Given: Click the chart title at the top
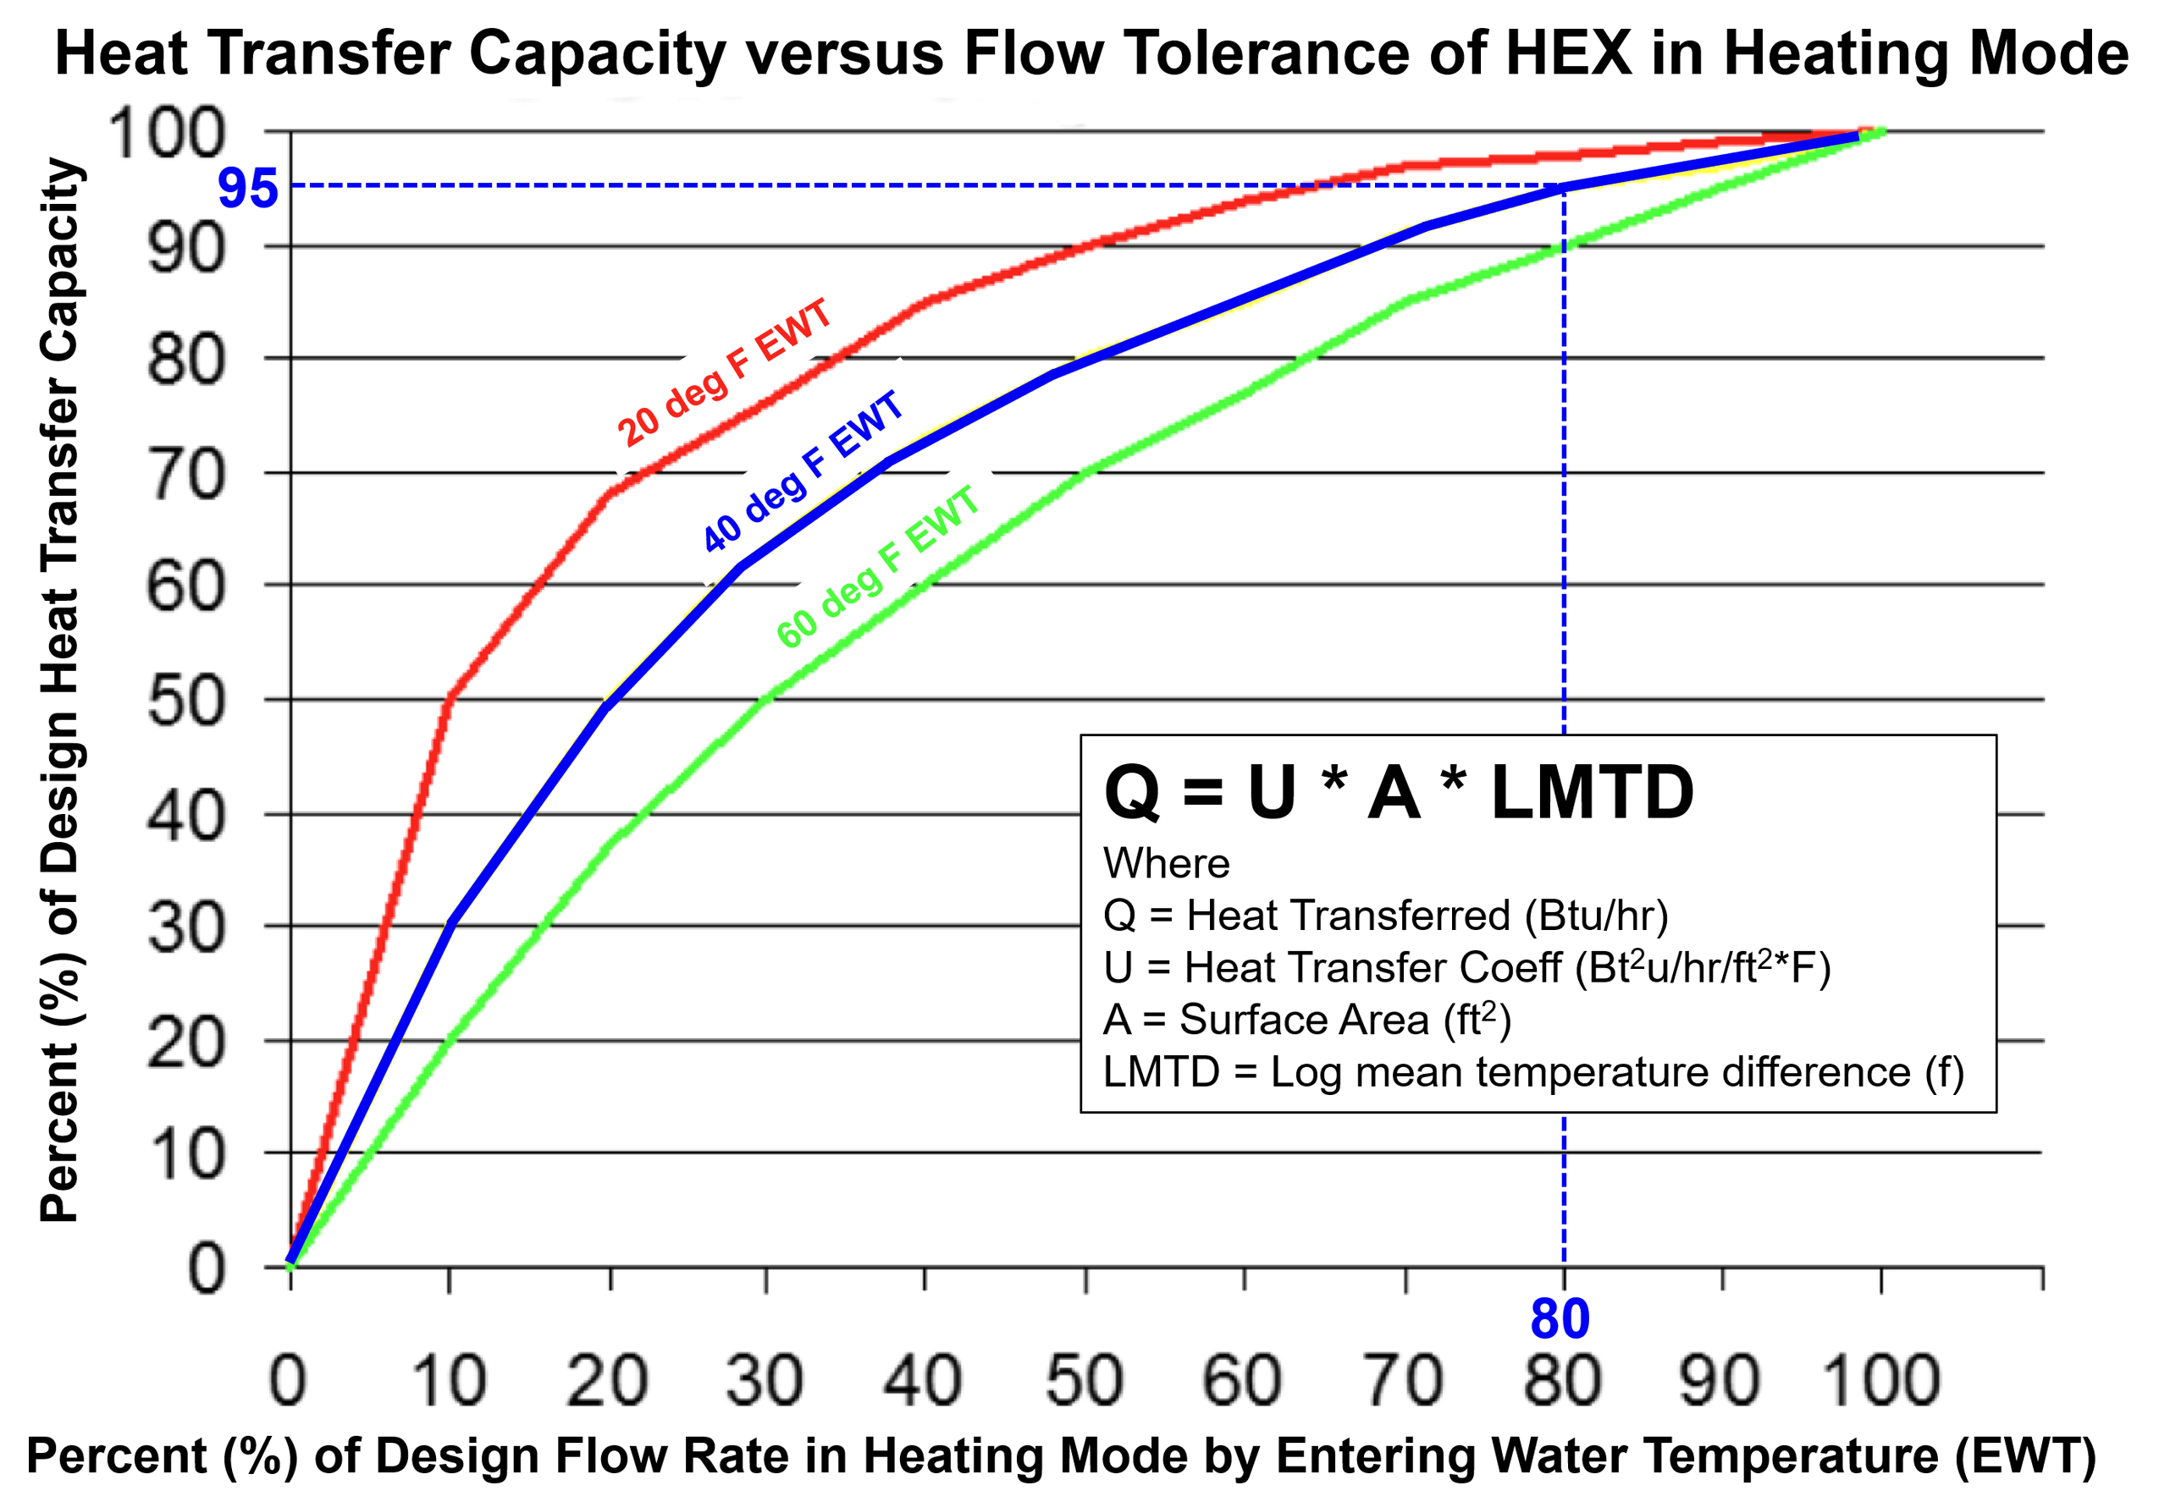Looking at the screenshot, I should click(x=1091, y=52).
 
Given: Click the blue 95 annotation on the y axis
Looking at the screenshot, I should click(x=247, y=188).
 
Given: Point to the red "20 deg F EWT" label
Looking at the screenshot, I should click(x=724, y=373).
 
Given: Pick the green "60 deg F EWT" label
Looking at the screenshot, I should click(x=877, y=567).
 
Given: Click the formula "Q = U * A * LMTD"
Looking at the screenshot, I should click(x=1399, y=792).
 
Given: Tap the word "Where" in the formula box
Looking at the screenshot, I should click(x=1166, y=863).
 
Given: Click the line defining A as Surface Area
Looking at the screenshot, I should click(x=1307, y=1020).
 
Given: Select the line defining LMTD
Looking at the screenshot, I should click(x=1532, y=1072).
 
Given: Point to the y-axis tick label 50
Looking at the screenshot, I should click(x=186, y=701).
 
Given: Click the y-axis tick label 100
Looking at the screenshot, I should click(x=168, y=133).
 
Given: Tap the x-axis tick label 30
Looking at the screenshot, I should click(x=765, y=1380).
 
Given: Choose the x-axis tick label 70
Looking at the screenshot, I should click(x=1404, y=1380).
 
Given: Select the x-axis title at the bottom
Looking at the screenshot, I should click(x=1061, y=1456).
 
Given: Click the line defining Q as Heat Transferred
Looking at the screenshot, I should click(x=1385, y=916).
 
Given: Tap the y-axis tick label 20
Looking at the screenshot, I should click(x=186, y=1043).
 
